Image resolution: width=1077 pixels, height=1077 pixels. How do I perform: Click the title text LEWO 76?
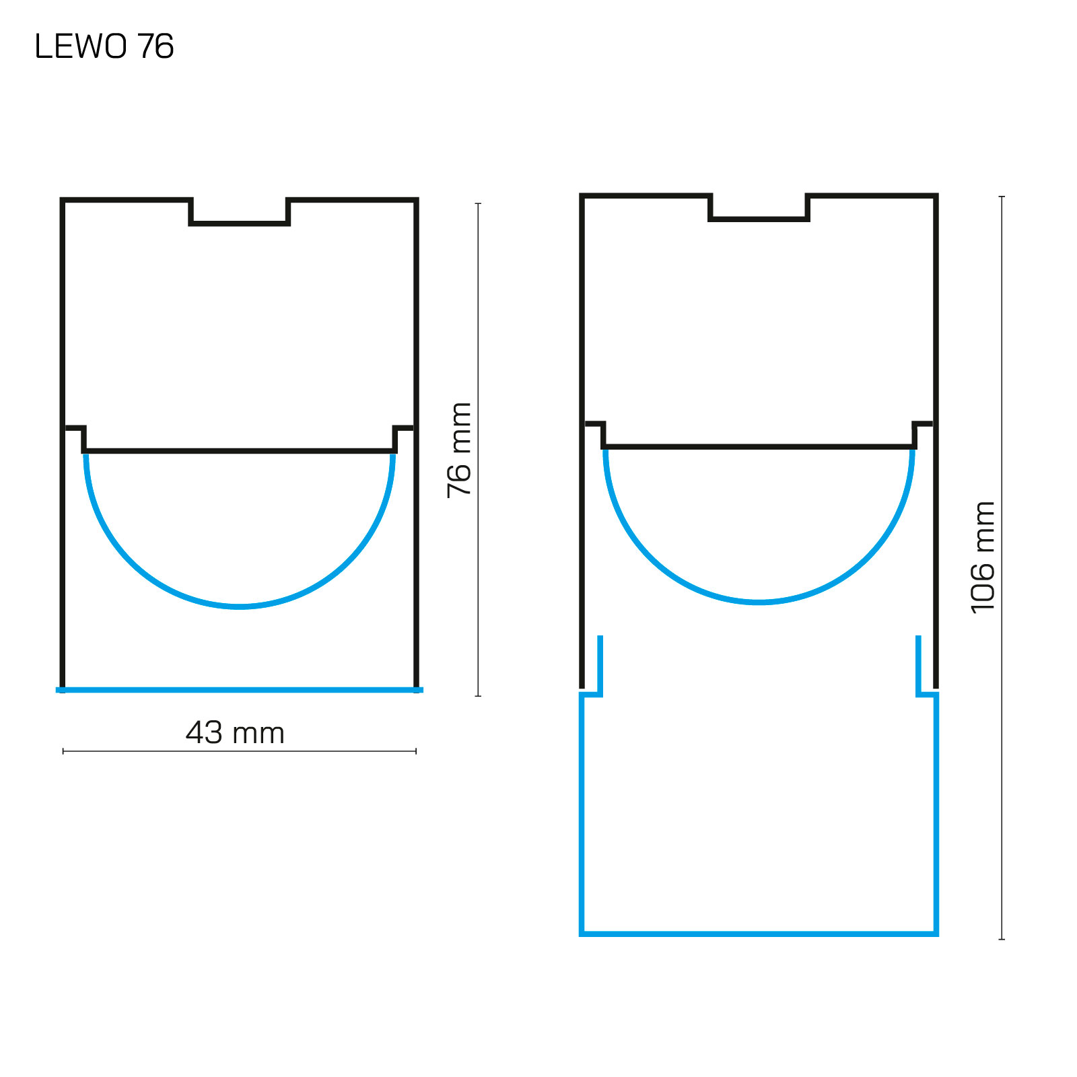(104, 46)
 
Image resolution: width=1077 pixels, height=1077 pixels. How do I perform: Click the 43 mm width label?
(235, 732)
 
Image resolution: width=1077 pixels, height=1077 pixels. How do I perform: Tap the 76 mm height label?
(460, 450)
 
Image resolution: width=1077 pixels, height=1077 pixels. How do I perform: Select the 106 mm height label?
(983, 557)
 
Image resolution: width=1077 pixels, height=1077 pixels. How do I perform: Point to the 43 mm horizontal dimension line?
(240, 751)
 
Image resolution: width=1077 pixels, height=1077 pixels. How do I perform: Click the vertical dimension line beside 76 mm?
(478, 449)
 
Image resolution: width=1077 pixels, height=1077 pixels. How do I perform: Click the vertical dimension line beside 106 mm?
(1002, 567)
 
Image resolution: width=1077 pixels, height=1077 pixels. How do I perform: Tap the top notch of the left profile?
(240, 222)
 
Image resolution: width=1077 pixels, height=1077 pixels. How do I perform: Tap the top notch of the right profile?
(759, 218)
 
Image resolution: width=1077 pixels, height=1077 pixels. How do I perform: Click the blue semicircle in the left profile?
(240, 607)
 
